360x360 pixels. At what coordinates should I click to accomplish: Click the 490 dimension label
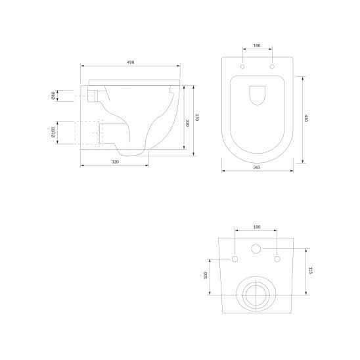pyautogui.click(x=131, y=62)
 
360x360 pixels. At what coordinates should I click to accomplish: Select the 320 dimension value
pyautogui.click(x=115, y=162)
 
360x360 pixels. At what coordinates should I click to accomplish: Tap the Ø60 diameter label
pyautogui.click(x=53, y=96)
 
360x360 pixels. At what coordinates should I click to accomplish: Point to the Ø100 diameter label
pyautogui.click(x=53, y=132)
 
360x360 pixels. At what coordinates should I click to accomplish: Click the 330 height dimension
pyautogui.click(x=188, y=123)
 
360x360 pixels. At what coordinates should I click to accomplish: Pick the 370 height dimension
pyautogui.click(x=197, y=117)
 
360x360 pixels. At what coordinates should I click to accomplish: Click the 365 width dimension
pyautogui.click(x=257, y=168)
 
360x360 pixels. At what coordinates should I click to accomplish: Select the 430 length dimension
pyautogui.click(x=306, y=118)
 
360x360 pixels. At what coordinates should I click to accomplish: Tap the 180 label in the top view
pyautogui.click(x=257, y=45)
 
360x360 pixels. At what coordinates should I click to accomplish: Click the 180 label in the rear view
pyautogui.click(x=257, y=227)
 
